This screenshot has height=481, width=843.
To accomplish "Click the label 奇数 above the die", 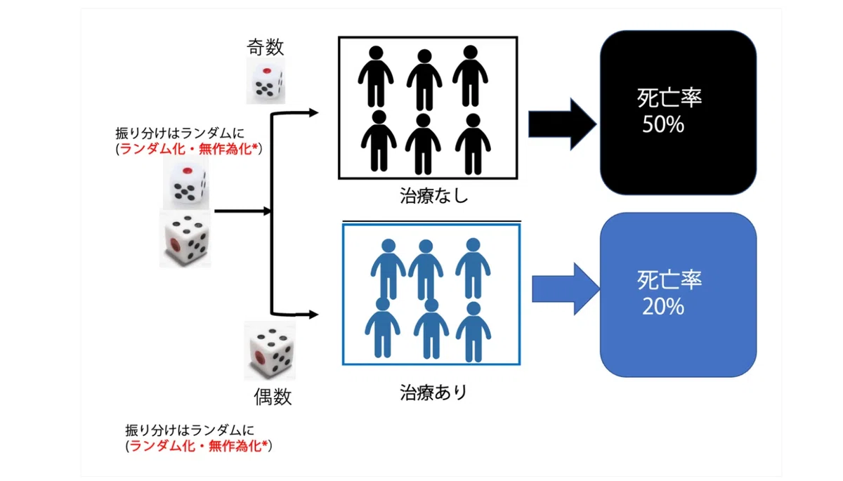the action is (266, 47).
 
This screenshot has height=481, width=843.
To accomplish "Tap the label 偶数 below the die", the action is (273, 396).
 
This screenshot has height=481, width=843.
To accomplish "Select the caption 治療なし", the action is (433, 195).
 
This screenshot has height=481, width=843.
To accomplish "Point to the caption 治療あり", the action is (433, 393).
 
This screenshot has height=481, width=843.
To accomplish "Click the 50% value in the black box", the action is (662, 124).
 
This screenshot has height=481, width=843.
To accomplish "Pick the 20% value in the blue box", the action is (662, 307).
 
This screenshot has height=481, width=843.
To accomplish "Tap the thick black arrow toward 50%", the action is (562, 124).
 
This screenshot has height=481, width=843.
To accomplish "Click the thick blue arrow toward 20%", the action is (566, 289).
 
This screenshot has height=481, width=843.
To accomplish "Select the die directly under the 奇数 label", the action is (266, 81).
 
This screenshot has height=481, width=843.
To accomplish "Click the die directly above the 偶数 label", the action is (270, 350).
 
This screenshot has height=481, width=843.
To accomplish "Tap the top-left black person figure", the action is (376, 77).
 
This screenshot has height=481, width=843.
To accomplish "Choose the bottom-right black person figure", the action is (473, 144).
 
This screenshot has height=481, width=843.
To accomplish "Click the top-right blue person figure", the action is (473, 268).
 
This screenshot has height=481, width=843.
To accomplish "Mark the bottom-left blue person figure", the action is (382, 327).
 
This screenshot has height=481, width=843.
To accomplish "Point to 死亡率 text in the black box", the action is (669, 98).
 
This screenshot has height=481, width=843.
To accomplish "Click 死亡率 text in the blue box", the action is (669, 280).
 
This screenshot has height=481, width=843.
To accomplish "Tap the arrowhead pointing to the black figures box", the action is (313, 112).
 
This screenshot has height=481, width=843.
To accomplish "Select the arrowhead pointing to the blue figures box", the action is (313, 315).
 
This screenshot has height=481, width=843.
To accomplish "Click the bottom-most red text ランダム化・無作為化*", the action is (199, 446).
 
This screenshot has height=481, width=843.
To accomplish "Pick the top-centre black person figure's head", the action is (424, 56).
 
